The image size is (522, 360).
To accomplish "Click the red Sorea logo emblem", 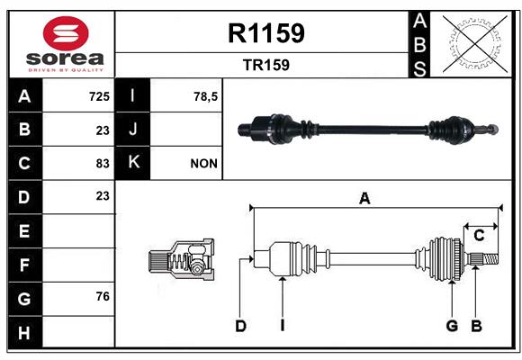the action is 66,33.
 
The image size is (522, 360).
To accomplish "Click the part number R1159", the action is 266,33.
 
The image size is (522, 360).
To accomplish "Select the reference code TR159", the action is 266,65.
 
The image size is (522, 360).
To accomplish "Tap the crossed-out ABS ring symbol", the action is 475,44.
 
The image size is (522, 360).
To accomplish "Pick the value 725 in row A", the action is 99,96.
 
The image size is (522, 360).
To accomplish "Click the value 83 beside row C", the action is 103,164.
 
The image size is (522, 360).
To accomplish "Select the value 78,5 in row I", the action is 205,96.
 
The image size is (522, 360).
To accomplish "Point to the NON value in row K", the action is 203,164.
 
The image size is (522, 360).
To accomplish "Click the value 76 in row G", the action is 103,296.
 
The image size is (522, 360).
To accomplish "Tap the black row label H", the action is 25,332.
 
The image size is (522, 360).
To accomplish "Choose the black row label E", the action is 25,230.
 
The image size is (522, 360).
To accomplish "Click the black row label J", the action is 132,130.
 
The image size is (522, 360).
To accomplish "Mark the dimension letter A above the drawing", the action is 364,199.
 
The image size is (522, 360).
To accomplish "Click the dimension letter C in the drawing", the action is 479,236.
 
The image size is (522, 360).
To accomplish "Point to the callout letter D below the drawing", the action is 240,326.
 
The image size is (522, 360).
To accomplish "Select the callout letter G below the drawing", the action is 452,326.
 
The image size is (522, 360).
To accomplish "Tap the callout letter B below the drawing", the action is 476,326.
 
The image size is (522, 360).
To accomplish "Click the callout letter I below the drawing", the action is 283,326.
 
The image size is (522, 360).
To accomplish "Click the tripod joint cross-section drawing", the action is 182,259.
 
